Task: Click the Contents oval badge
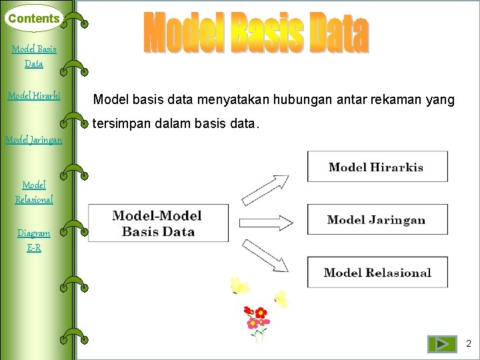click(33, 19)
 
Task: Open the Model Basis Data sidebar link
click(34, 56)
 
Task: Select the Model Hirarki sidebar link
click(34, 96)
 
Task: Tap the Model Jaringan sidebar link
click(34, 139)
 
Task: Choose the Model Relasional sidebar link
click(34, 192)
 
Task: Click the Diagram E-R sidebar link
click(34, 240)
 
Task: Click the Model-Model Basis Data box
click(158, 223)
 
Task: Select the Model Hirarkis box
click(377, 167)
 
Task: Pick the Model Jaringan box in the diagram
click(377, 220)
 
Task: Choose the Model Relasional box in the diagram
click(377, 273)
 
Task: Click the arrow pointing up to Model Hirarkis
click(265, 189)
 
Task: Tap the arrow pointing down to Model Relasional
click(265, 255)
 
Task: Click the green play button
click(442, 344)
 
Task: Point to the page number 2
click(468, 344)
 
